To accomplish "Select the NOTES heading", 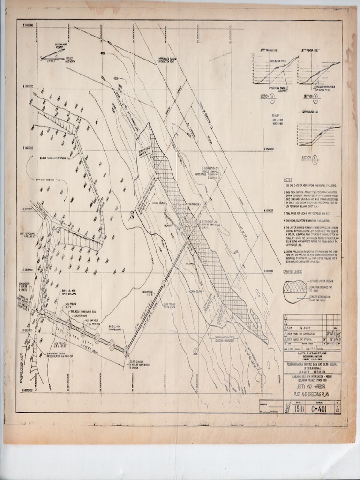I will tap(288, 180).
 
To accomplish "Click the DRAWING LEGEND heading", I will tap(294, 271).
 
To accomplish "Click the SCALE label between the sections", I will tap(275, 115).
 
